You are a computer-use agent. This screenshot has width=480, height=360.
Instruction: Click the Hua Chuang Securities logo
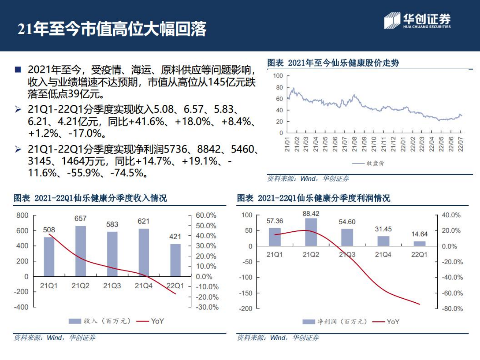417,21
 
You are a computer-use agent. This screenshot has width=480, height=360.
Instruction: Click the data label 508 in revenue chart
49,230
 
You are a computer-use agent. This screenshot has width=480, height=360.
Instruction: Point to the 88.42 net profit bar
311,232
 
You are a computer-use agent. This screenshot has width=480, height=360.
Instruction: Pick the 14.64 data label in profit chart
419,234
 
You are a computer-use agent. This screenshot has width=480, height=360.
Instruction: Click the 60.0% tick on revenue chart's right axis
206,215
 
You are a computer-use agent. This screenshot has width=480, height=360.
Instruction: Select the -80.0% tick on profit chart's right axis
452,308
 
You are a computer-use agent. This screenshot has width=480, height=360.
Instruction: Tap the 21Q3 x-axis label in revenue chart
112,286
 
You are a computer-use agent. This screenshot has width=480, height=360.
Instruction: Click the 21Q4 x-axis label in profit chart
383,255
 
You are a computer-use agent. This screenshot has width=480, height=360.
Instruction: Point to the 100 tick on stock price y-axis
278,76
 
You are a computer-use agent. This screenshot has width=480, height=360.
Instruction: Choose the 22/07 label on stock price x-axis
460,144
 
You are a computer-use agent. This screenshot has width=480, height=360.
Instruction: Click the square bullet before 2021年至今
18,70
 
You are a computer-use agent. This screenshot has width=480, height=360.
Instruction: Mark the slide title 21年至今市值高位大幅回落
112,29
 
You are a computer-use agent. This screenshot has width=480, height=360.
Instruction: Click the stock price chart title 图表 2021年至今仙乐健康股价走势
333,63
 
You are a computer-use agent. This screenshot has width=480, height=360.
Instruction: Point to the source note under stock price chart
308,178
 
